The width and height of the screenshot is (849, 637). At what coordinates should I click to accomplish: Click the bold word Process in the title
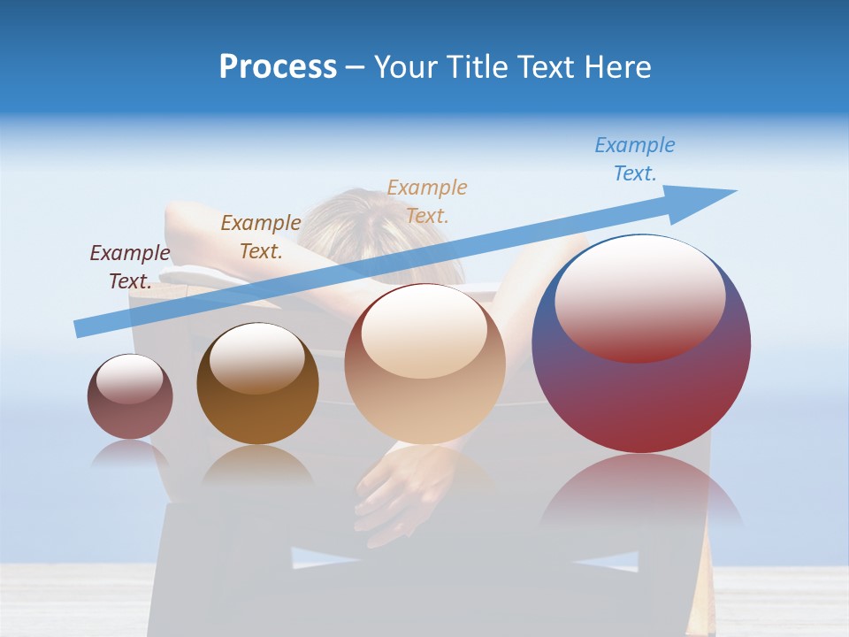[278, 67]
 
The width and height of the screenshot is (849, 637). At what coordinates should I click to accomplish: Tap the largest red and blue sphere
[641, 389]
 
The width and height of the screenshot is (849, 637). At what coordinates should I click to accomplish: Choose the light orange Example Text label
[427, 201]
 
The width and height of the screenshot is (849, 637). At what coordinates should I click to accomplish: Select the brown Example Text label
[261, 236]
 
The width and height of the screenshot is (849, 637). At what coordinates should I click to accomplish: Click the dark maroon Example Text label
[130, 266]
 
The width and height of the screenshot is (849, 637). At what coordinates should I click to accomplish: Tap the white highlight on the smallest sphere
[129, 379]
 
